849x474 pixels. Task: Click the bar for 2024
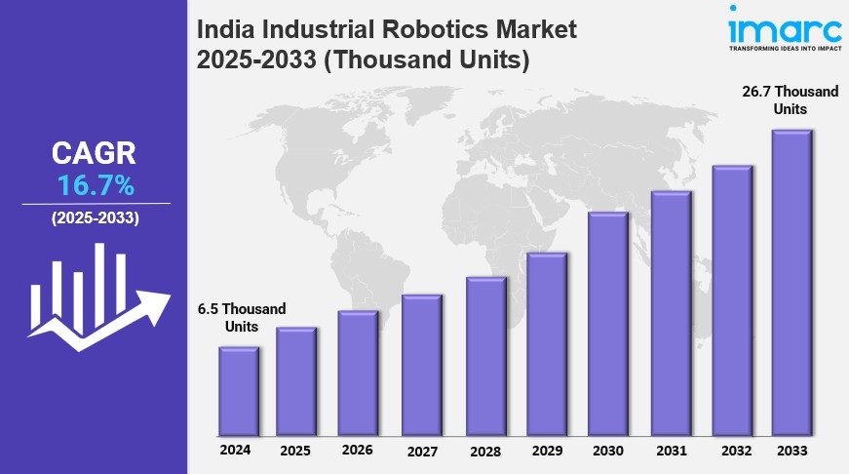point(239,391)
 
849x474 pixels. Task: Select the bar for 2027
point(422,365)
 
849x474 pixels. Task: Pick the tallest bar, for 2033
point(791,283)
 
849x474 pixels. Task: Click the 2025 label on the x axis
point(295,452)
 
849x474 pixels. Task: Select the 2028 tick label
point(485,452)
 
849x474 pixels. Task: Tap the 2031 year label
point(671,452)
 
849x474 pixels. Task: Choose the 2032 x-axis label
point(732,452)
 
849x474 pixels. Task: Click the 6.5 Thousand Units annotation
point(242,317)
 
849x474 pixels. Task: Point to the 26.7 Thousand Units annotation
point(791,99)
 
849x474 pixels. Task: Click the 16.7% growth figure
point(95,185)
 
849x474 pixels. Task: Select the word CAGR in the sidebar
point(95,153)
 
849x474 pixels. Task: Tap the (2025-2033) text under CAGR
point(95,218)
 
